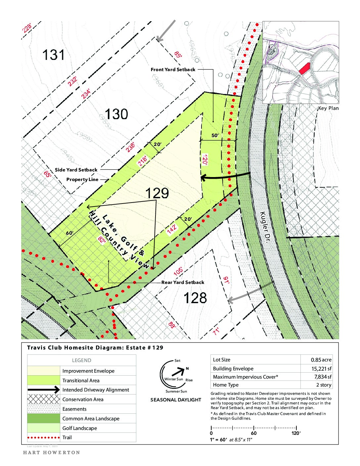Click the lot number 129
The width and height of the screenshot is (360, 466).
pyautogui.click(x=157, y=193)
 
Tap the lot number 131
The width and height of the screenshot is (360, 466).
pyautogui.click(x=53, y=55)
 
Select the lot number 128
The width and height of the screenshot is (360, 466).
pyautogui.click(x=195, y=298)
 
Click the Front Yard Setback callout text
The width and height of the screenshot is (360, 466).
pyautogui.click(x=173, y=70)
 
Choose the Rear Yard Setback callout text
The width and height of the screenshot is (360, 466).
pyautogui.click(x=183, y=282)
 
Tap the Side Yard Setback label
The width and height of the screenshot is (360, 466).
pyautogui.click(x=76, y=170)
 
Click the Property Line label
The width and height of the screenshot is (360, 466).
pyautogui.click(x=82, y=179)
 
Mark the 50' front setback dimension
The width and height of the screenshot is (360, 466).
pyautogui.click(x=215, y=135)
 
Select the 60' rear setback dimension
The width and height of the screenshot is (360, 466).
pyautogui.click(x=69, y=233)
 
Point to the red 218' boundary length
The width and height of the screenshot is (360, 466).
pyautogui.click(x=143, y=161)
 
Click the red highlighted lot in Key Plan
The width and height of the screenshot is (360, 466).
pyautogui.click(x=304, y=68)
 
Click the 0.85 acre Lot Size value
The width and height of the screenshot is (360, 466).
pyautogui.click(x=321, y=360)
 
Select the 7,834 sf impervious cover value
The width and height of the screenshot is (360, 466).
pyautogui.click(x=323, y=377)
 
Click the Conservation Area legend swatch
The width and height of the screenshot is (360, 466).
pyautogui.click(x=43, y=399)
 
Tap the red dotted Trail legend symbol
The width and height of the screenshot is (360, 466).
pyautogui.click(x=43, y=438)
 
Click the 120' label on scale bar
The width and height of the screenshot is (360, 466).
pyautogui.click(x=296, y=433)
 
